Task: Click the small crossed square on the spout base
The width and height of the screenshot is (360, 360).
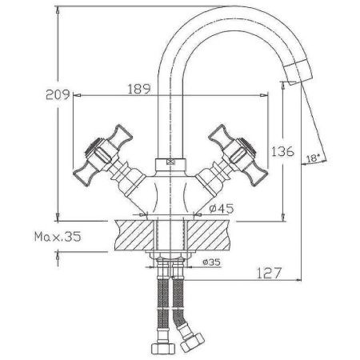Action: (x=170, y=160)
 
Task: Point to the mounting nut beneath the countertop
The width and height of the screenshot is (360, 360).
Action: (x=170, y=261)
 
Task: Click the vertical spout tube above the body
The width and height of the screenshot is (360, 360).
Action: (x=170, y=112)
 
